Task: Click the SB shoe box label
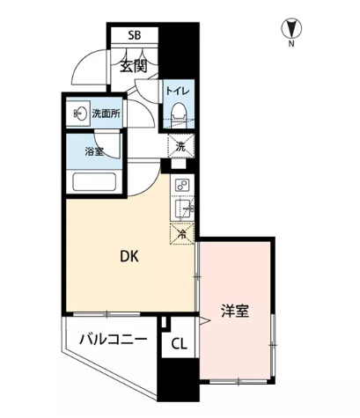134,36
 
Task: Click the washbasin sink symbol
80,112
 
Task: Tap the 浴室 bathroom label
94,151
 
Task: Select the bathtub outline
99,184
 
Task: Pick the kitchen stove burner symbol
183,186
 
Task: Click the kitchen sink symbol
184,209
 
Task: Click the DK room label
130,258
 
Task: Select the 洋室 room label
233,310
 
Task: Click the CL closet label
179,344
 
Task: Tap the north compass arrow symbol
290,27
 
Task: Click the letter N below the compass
291,42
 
